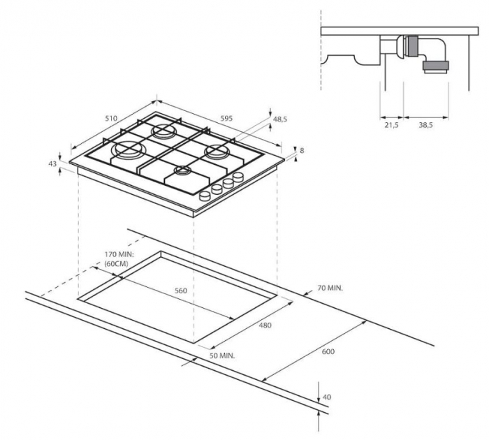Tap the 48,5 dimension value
tap(280, 119)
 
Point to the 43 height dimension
tap(52, 163)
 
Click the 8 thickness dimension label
tap(301, 151)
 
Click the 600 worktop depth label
tap(328, 351)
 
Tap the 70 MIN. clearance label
tap(330, 287)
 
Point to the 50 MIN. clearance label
tap(222, 355)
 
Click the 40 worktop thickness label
tap(326, 397)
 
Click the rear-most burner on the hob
tap(164, 130)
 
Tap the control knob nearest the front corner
tap(204, 196)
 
